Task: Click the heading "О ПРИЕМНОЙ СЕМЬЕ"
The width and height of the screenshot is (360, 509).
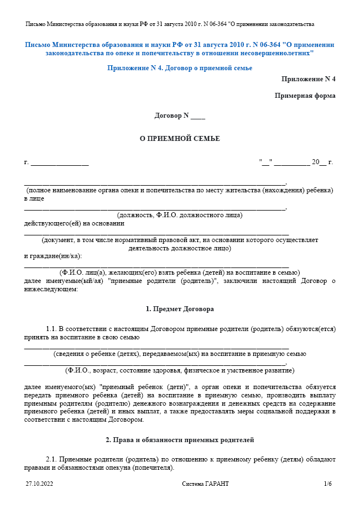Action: coord(180,139)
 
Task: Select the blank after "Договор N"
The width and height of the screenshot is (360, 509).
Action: coord(197,117)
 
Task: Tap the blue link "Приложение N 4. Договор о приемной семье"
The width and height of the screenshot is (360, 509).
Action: coord(180,68)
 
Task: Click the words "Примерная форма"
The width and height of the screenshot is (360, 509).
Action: coord(305,96)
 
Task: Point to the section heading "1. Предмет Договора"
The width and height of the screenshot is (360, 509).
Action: coord(180,308)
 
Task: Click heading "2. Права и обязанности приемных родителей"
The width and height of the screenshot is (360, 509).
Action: coord(180,440)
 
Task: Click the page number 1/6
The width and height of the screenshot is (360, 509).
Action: coord(328,484)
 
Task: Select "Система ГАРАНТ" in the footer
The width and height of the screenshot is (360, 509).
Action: coord(205,484)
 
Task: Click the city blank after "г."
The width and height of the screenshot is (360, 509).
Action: coord(60,163)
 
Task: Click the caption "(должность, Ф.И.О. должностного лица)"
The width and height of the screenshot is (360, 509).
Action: coord(180,215)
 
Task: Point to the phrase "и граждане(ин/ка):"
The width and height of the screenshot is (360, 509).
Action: coord(53,256)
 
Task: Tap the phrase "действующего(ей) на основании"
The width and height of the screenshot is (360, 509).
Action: coord(74,223)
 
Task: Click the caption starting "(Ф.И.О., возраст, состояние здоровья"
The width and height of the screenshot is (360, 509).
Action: coord(180,370)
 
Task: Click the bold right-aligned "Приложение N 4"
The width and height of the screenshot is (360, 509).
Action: coord(308,79)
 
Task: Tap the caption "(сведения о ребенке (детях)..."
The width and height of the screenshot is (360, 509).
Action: coord(180,354)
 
